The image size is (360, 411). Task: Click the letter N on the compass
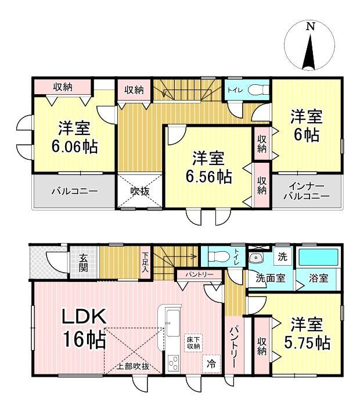pyautogui.click(x=310, y=27)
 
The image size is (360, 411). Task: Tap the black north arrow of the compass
pyautogui.click(x=309, y=52)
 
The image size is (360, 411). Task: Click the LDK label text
pyautogui.click(x=84, y=317)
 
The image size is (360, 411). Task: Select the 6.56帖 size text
pyautogui.click(x=208, y=177)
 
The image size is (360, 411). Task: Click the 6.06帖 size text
pyautogui.click(x=75, y=146)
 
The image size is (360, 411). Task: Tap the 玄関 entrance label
pyautogui.click(x=84, y=263)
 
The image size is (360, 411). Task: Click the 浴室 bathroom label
pyautogui.click(x=318, y=278)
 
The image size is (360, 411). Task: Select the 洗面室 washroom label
pyautogui.click(x=271, y=278)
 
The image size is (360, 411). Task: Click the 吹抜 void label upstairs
pyautogui.click(x=140, y=191)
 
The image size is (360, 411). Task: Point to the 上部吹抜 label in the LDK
pyautogui.click(x=133, y=366)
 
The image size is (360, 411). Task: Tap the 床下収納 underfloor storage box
pyautogui.click(x=193, y=342)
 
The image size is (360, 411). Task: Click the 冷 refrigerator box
pyautogui.click(x=211, y=363)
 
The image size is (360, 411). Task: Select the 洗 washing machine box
pyautogui.click(x=283, y=256)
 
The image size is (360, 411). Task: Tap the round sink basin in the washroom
pyautogui.click(x=256, y=259)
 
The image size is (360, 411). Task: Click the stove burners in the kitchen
pyautogui.click(x=174, y=363)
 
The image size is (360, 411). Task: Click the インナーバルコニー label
pyautogui.click(x=307, y=192)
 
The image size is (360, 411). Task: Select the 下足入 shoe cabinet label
pyautogui.click(x=145, y=262)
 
